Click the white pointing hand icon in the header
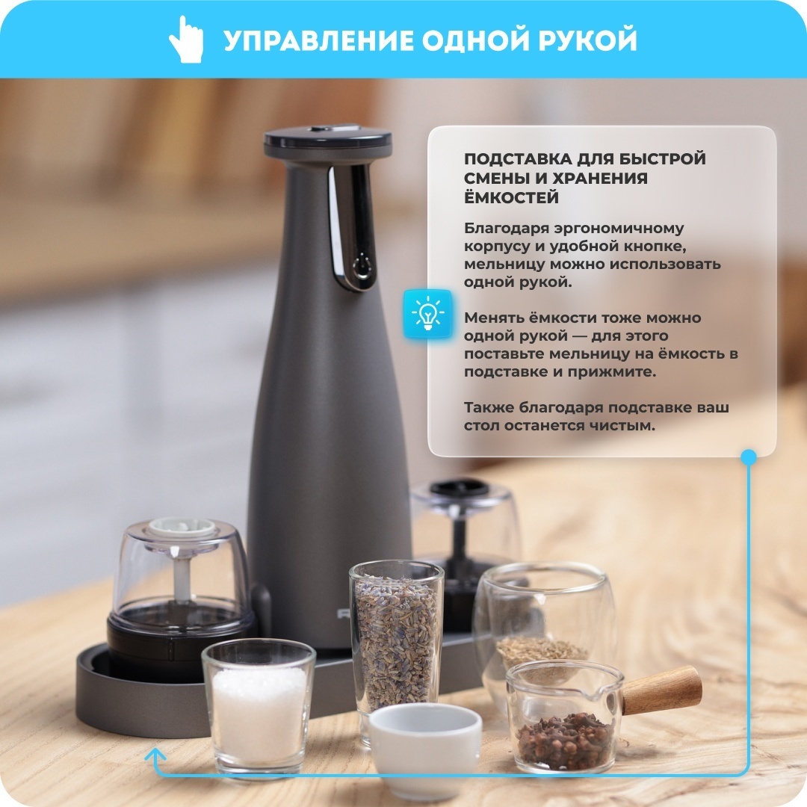[186, 40]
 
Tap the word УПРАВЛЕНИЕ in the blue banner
[319, 40]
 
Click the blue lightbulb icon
[427, 314]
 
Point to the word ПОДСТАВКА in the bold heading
[517, 159]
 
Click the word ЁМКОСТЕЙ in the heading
[511, 197]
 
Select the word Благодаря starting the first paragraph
[504, 229]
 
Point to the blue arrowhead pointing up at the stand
[155, 755]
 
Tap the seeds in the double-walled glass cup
[542, 652]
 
